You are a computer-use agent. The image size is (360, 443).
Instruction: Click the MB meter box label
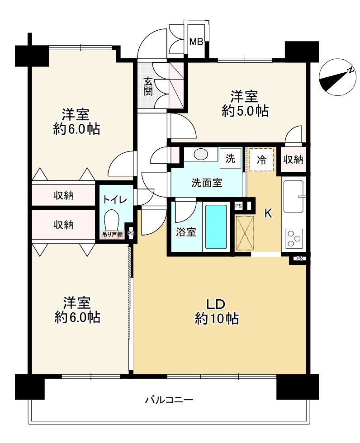point(196,42)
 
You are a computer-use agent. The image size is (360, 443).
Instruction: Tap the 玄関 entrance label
point(148,86)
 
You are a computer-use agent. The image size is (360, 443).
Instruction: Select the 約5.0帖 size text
point(245,111)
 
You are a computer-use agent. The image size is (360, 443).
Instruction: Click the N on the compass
point(351,71)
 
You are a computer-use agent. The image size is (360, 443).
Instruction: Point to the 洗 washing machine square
point(230,158)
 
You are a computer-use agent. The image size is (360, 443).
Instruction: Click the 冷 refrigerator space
point(262,160)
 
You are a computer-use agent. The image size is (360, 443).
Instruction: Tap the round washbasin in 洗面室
point(201,154)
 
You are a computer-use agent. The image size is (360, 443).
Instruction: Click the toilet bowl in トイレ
point(112,221)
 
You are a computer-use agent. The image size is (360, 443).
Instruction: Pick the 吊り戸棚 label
point(113,234)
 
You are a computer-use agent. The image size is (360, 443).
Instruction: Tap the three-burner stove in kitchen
point(294,239)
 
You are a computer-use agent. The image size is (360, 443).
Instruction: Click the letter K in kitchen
point(268,213)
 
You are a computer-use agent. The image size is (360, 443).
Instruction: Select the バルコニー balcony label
point(169,400)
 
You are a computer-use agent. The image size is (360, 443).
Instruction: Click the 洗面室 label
point(207,183)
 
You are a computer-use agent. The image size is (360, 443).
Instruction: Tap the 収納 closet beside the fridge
point(294,160)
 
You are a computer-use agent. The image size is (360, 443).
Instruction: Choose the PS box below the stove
point(299,259)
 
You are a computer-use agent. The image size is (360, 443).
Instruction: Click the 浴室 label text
point(186,232)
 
